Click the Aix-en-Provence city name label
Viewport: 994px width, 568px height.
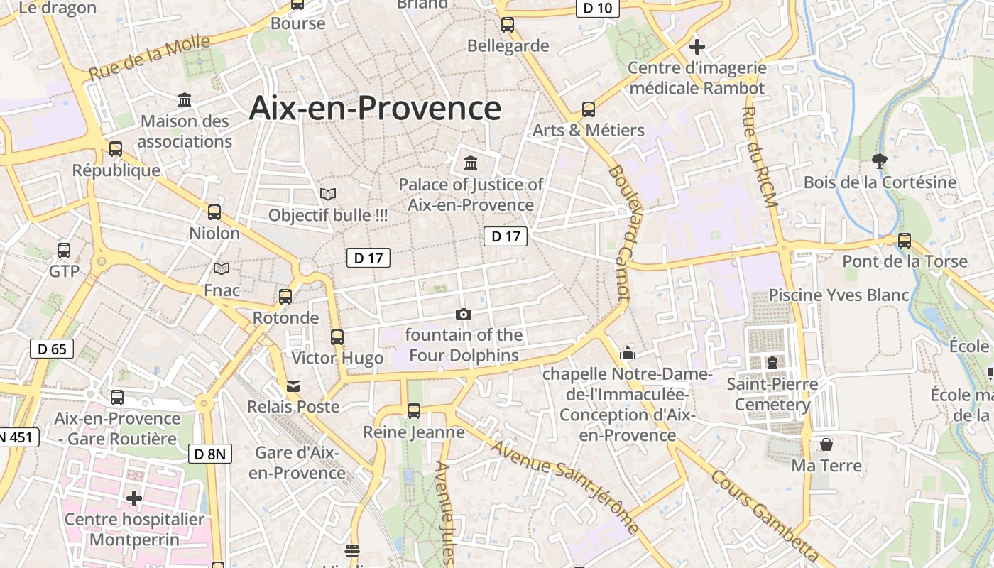pyautogui.click(x=375, y=108)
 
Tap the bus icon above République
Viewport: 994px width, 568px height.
pyautogui.click(x=115, y=149)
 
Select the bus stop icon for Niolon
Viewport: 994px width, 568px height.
pyautogui.click(x=214, y=212)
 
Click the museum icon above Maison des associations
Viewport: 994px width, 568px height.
pyautogui.click(x=185, y=99)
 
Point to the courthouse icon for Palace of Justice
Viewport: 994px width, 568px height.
pyautogui.click(x=470, y=163)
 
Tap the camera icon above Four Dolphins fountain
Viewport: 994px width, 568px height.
pyautogui.click(x=463, y=314)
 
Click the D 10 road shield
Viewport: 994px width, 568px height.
pyautogui.click(x=596, y=8)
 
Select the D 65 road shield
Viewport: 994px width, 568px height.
pyautogui.click(x=52, y=349)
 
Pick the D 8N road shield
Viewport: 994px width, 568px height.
pyautogui.click(x=210, y=454)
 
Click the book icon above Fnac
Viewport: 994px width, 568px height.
pyautogui.click(x=222, y=268)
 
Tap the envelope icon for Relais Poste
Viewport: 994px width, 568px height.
pyautogui.click(x=293, y=386)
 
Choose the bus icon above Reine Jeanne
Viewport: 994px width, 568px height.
pyautogui.click(x=413, y=410)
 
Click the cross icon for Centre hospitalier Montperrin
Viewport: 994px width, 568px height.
pyautogui.click(x=133, y=498)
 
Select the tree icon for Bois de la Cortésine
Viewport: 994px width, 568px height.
pyautogui.click(x=879, y=161)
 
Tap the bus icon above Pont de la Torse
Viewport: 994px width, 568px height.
pyautogui.click(x=904, y=240)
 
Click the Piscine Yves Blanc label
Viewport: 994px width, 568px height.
pyautogui.click(x=839, y=295)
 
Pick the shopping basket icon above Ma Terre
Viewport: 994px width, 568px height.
pyautogui.click(x=826, y=444)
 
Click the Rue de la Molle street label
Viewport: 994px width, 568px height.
pyautogui.click(x=150, y=58)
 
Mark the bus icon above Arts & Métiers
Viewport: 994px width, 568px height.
pyautogui.click(x=588, y=109)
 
